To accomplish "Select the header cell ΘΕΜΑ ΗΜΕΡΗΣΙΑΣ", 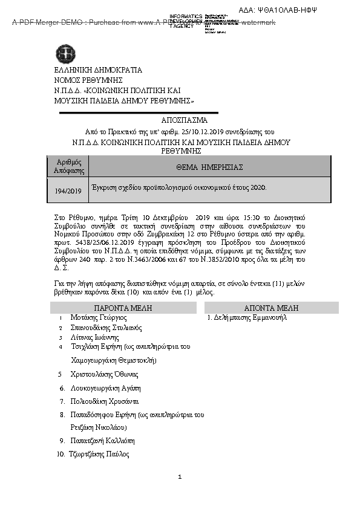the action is pyautogui.click(x=210, y=167).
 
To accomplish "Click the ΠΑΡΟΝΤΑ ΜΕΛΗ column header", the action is pyautogui.click(x=123, y=308).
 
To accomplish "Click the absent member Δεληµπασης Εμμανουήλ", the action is pyautogui.click(x=246, y=317).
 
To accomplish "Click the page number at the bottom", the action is pyautogui.click(x=180, y=478).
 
